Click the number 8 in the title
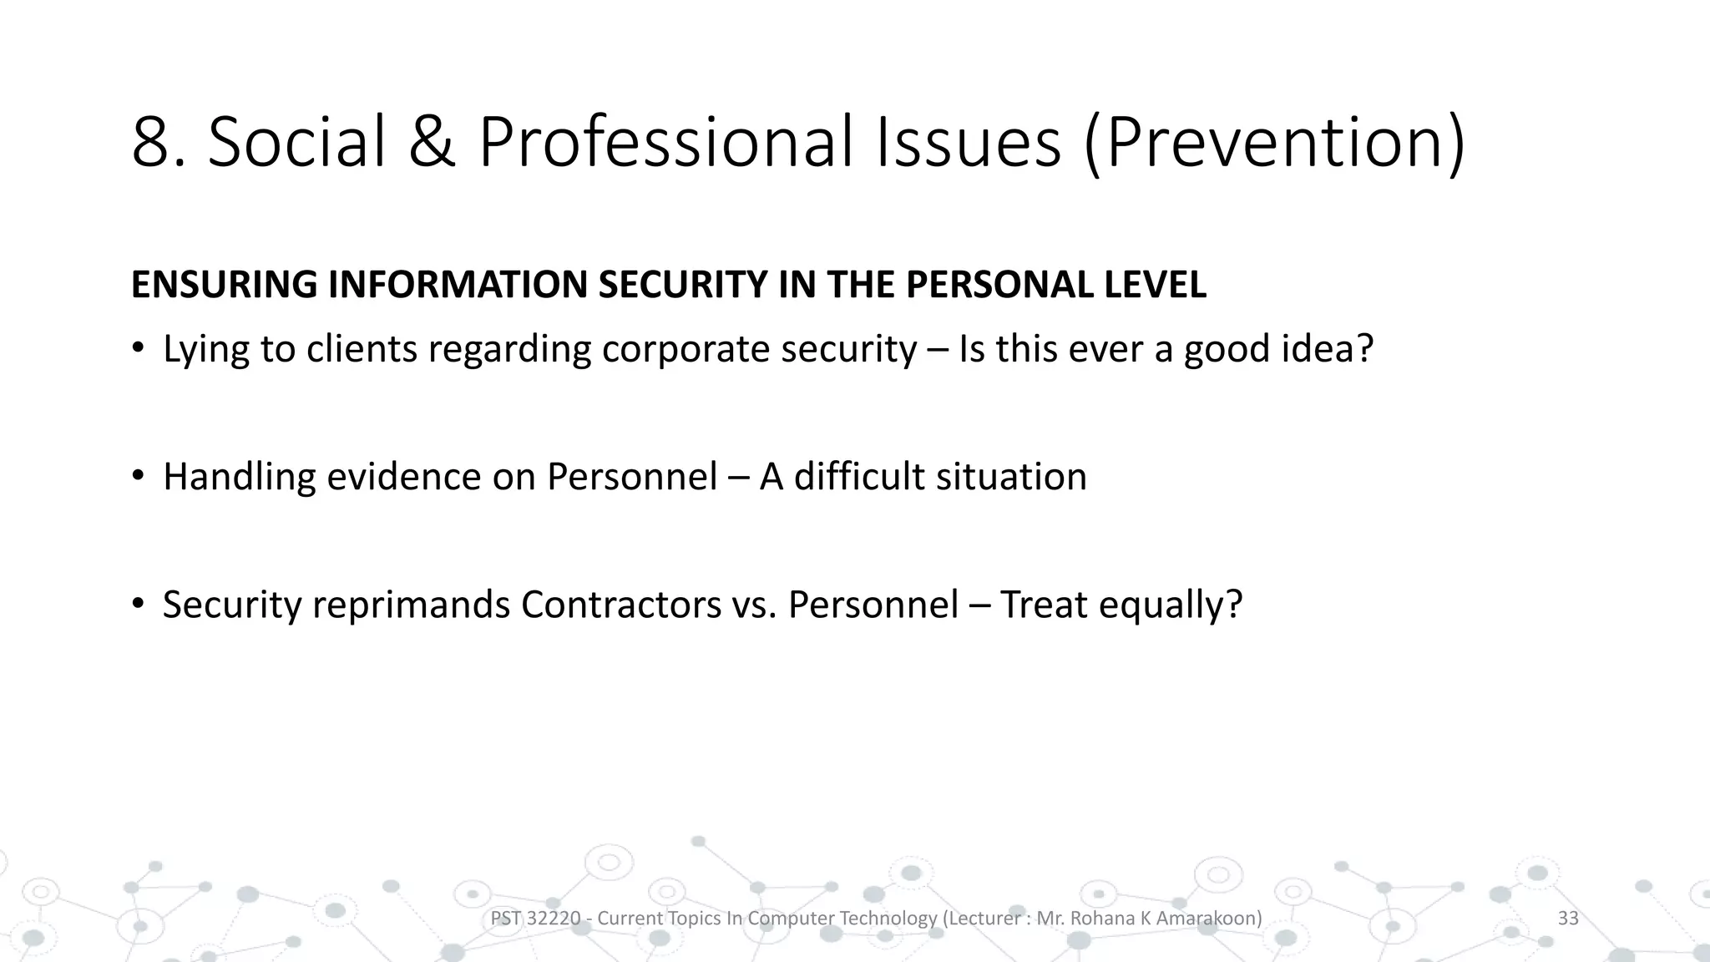[152, 143]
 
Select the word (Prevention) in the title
[1274, 143]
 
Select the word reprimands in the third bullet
[411, 605]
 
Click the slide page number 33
[1568, 919]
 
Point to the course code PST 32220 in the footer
[534, 919]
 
